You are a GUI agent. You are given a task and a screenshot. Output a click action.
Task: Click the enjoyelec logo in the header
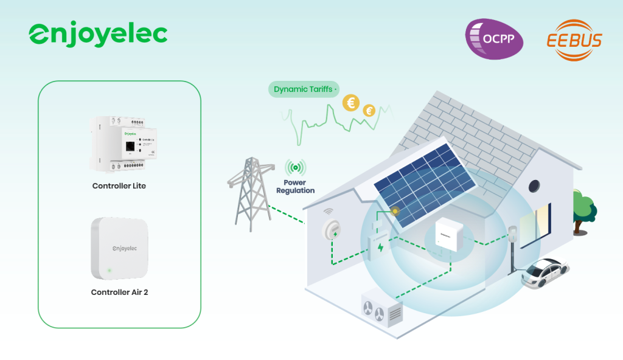98,35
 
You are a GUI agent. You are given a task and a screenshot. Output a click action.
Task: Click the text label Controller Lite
119,185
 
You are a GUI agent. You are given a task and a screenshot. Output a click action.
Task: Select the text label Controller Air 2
119,292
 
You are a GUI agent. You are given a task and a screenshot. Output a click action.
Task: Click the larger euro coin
351,103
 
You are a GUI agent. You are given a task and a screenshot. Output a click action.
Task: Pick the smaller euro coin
369,111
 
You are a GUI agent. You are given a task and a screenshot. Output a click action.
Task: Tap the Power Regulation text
296,187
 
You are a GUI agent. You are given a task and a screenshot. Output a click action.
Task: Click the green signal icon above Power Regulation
296,168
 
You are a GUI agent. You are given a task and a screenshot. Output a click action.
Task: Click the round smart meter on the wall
332,229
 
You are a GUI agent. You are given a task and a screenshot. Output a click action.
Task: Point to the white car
545,274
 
